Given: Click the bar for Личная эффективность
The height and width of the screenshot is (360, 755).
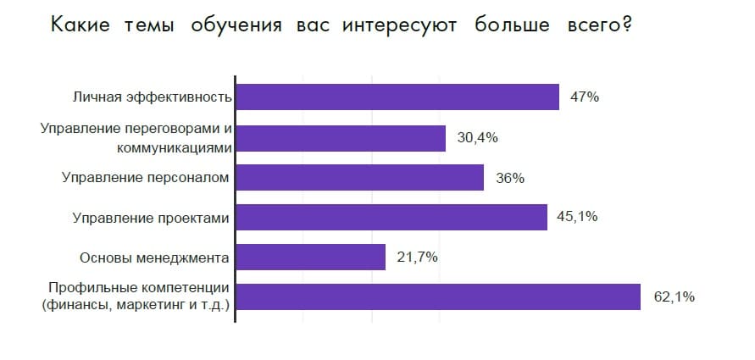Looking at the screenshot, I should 397,97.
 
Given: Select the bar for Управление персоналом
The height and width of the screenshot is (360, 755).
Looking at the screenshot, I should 359,178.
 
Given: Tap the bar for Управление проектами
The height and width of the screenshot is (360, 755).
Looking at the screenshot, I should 391,218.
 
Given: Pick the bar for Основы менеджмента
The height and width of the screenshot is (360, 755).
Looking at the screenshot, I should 310,258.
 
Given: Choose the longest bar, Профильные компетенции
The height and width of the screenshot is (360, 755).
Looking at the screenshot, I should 437,296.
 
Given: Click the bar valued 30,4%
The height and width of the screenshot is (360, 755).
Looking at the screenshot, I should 340,138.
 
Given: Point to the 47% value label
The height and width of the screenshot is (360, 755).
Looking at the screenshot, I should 585,97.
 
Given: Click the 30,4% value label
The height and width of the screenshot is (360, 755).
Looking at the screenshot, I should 477,138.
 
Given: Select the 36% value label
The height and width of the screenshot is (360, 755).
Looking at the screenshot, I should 510,178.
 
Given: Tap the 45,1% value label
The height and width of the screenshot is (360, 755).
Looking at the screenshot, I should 577,217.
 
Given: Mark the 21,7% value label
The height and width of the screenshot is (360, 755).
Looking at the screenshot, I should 417,258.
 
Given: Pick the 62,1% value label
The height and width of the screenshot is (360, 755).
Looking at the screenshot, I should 675,296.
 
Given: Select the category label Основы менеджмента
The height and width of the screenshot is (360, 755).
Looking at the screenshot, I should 154,258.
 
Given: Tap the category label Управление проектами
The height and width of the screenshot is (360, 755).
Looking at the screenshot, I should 151,218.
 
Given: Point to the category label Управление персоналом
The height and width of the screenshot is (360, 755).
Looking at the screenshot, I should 146,178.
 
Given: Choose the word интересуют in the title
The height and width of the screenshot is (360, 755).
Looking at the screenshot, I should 400,26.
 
